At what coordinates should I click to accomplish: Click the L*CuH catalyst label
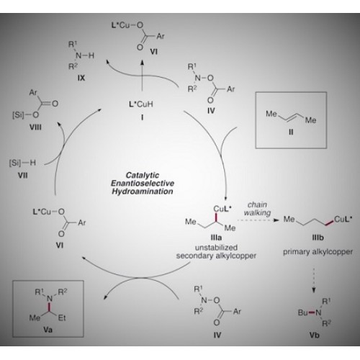click(x=141, y=104)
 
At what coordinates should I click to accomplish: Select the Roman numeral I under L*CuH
click(x=142, y=117)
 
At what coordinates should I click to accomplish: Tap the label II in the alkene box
click(x=291, y=132)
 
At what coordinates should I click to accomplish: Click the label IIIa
click(x=216, y=238)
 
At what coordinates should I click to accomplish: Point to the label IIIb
click(x=318, y=238)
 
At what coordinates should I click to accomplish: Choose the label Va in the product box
click(x=48, y=330)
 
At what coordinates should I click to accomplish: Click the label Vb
click(x=314, y=335)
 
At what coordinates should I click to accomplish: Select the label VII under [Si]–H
click(x=23, y=176)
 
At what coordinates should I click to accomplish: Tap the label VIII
click(x=35, y=127)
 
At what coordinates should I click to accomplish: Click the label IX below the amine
click(x=81, y=78)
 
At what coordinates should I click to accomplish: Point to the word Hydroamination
click(x=143, y=192)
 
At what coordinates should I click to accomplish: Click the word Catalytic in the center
click(x=143, y=175)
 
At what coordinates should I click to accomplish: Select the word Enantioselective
click(x=143, y=184)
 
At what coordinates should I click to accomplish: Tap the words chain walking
click(x=257, y=209)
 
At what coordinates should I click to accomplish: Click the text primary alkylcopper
click(x=318, y=252)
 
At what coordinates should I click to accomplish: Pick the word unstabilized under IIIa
click(x=216, y=248)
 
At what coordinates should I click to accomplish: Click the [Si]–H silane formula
click(x=22, y=163)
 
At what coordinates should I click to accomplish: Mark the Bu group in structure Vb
click(x=302, y=312)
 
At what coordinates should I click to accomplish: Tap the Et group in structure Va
click(x=62, y=318)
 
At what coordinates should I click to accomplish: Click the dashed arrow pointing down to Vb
click(x=314, y=281)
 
